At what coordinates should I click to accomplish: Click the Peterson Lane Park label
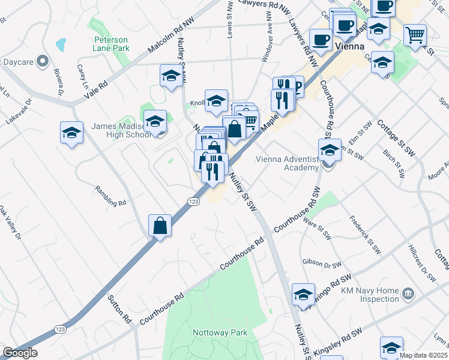[x=111, y=43]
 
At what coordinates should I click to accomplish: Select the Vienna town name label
[x=351, y=46]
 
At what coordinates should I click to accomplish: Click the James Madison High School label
[x=121, y=130]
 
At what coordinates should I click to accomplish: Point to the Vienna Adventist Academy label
[x=286, y=163]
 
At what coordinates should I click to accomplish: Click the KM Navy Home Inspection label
[x=370, y=295]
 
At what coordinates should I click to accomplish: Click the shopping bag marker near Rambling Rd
[x=160, y=226]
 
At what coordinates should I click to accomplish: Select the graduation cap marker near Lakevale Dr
[x=71, y=133]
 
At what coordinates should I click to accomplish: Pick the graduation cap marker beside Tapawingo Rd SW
[x=303, y=295]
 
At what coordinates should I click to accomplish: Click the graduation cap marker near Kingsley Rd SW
[x=391, y=348]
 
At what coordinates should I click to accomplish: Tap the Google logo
[x=20, y=353]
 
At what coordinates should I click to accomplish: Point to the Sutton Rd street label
[x=119, y=307]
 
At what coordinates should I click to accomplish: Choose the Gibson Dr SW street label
[x=322, y=263]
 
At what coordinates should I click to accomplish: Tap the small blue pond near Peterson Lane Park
[x=60, y=44]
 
